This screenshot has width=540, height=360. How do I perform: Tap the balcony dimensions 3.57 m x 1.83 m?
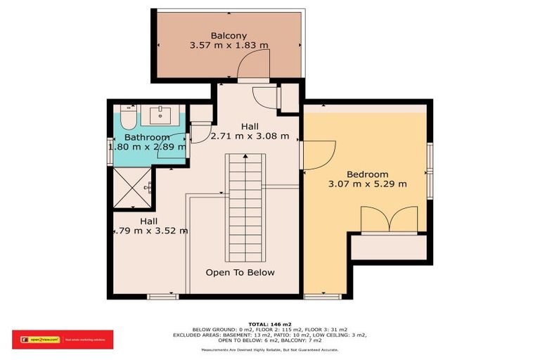tap(229, 45)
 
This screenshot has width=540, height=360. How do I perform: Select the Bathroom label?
tap(147, 137)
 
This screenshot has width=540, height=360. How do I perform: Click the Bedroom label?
tap(367, 174)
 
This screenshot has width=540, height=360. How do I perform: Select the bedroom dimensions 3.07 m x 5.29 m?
tap(367, 184)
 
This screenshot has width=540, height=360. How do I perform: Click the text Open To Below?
tap(240, 272)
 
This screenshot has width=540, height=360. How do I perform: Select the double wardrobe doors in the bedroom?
tap(389, 219)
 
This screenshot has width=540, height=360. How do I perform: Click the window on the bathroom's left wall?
tap(110, 152)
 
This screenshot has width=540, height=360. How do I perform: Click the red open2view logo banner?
tap(63, 340)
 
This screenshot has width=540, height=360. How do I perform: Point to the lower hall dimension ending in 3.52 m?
tap(147, 230)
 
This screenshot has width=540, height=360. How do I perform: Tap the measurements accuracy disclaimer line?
tap(269, 349)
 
